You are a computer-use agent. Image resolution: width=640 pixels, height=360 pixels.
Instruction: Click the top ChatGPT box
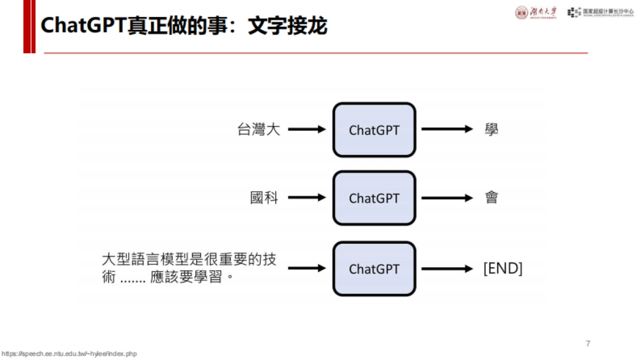pos(374,130)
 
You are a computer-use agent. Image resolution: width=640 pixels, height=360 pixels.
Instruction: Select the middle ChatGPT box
pos(374,198)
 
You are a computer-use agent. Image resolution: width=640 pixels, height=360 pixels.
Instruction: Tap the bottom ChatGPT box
pos(374,269)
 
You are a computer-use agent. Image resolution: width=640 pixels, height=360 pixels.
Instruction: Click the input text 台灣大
pos(259,130)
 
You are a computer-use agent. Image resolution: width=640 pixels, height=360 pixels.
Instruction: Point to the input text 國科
pos(265,198)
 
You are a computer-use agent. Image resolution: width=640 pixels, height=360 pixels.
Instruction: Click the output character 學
pos(491,130)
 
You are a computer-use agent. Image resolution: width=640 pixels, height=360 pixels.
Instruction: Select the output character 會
pos(491,198)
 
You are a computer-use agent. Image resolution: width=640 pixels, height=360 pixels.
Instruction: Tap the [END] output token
pos(502,268)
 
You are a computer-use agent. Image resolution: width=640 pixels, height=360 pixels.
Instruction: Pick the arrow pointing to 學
pos(447,129)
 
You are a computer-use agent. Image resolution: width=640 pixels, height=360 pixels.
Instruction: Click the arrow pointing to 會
pos(447,198)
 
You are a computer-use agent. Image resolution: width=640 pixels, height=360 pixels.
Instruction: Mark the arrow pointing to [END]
pos(447,268)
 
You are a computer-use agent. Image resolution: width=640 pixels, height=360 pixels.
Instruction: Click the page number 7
pos(588,343)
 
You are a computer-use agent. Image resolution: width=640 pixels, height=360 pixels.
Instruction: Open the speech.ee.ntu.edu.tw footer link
pos(69,354)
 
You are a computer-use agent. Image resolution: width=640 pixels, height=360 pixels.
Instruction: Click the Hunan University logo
pos(535,13)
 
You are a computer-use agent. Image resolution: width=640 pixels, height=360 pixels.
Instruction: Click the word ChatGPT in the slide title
pos(83,25)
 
